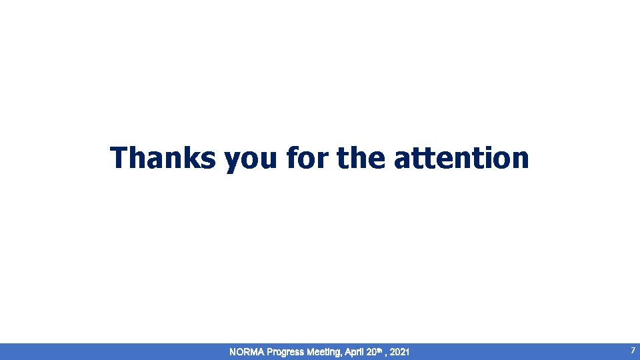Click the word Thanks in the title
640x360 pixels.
click(x=163, y=159)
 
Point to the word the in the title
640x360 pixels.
click(x=361, y=159)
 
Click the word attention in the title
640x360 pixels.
click(x=462, y=159)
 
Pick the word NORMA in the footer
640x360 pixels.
click(x=246, y=351)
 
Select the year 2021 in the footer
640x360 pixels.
click(x=400, y=351)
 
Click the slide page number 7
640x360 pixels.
click(x=633, y=350)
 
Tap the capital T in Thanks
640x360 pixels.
click(x=119, y=159)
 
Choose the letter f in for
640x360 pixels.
click(x=291, y=159)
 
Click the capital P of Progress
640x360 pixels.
click(x=269, y=351)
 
